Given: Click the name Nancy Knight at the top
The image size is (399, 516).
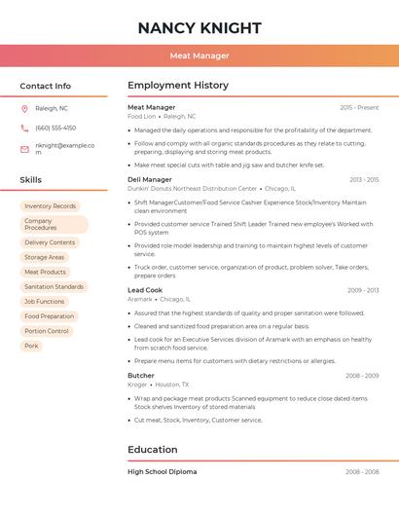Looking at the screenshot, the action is (x=199, y=27).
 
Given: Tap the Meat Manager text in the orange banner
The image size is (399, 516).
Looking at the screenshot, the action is (x=199, y=55).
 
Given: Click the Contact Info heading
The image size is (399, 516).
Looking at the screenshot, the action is (x=45, y=86).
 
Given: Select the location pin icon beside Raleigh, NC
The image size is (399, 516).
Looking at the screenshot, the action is (x=24, y=109).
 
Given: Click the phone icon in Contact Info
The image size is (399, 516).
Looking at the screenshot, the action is (x=24, y=128).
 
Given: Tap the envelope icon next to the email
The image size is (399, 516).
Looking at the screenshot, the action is (x=24, y=148).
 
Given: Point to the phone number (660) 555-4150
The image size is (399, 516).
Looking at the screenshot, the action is (x=55, y=128).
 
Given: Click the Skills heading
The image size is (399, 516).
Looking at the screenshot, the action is (x=30, y=180).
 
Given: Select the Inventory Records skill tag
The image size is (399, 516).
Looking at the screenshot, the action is (x=50, y=206).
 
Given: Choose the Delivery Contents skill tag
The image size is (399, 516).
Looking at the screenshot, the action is (x=50, y=242).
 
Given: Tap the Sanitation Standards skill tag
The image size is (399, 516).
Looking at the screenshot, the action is (x=54, y=287).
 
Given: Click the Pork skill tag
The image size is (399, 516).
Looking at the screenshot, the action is (x=31, y=346).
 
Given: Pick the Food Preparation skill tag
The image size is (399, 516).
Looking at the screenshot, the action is (x=49, y=316).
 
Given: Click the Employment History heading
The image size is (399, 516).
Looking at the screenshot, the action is (x=178, y=86).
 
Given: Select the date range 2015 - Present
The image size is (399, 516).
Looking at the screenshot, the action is (x=359, y=107).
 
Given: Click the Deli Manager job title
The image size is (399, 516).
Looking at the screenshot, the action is (x=150, y=180).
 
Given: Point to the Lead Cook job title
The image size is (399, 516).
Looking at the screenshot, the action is (x=145, y=290).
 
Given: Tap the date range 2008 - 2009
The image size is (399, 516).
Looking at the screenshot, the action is (x=362, y=376).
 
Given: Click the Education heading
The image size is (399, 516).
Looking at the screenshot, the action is (x=154, y=450).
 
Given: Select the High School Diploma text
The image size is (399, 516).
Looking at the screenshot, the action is (x=162, y=472).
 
